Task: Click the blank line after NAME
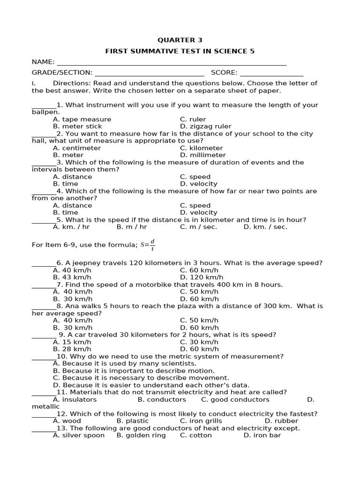[x=171, y=63]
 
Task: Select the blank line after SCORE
[x=271, y=73]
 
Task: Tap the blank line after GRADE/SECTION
[x=149, y=73]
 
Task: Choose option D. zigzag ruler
[x=205, y=126]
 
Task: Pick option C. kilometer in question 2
[x=201, y=148]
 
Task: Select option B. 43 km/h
[x=72, y=277]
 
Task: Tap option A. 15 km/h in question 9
[x=72, y=342]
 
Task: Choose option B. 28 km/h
[x=72, y=349]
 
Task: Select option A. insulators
[x=75, y=400]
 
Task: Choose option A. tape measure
[x=82, y=119]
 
